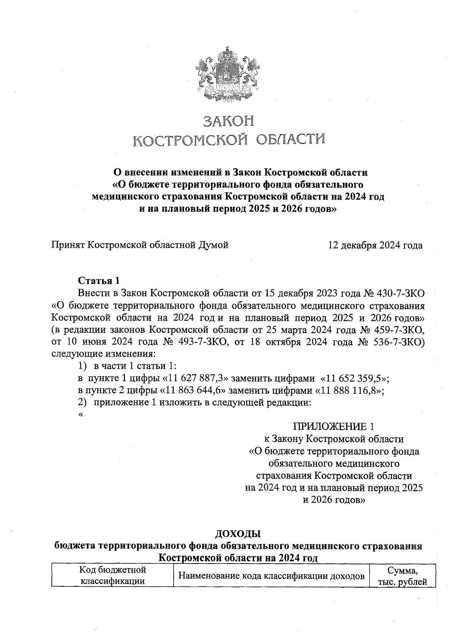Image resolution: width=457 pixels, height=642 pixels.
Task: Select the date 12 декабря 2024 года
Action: [x=376, y=245]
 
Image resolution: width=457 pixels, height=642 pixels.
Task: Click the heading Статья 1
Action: [x=99, y=281]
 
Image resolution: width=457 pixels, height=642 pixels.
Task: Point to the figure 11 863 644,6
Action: [x=193, y=391]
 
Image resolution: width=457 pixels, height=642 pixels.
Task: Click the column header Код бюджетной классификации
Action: [x=112, y=575]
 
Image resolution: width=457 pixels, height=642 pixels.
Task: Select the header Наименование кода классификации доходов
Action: [x=272, y=576]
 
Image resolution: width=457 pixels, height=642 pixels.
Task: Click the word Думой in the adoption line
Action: [x=214, y=245]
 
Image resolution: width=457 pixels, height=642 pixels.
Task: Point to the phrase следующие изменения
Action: [x=103, y=354]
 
